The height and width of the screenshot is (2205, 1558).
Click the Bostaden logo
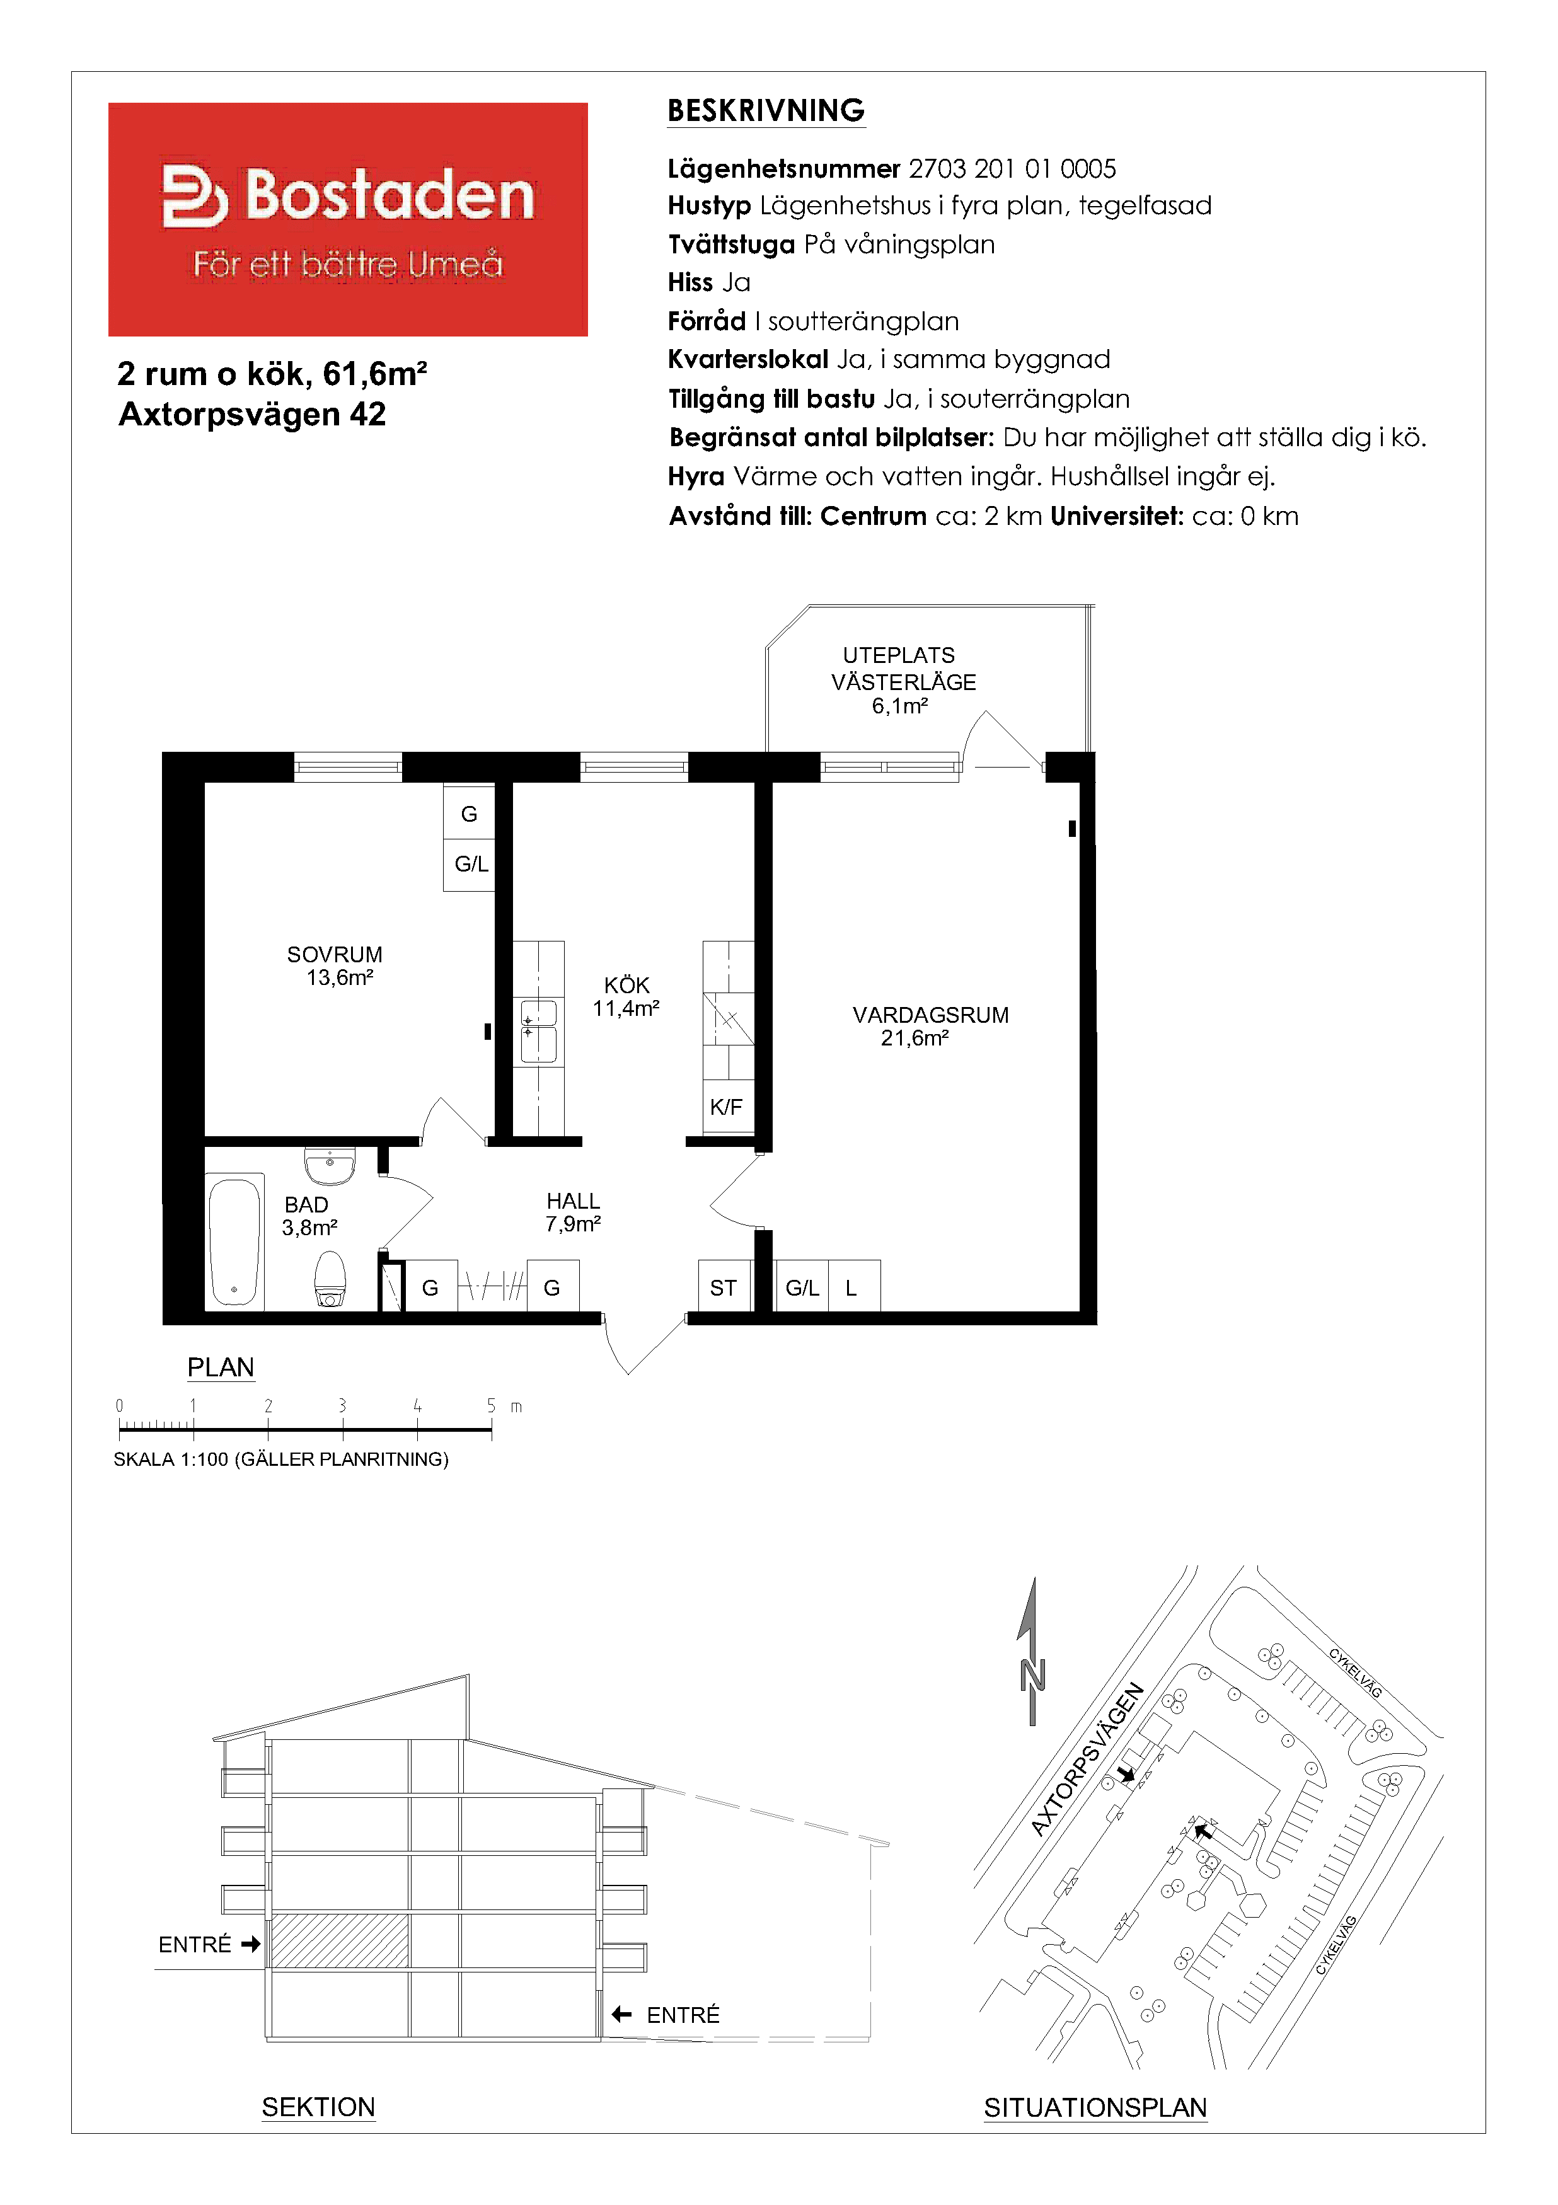(348, 219)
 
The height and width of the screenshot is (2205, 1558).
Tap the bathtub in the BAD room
(235, 1241)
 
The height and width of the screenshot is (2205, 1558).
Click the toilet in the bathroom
(330, 1278)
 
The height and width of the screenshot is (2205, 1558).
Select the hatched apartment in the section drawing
(339, 1941)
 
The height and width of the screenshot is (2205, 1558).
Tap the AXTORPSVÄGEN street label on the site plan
(1087, 1759)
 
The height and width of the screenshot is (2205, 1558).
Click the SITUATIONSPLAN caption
(1095, 2107)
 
